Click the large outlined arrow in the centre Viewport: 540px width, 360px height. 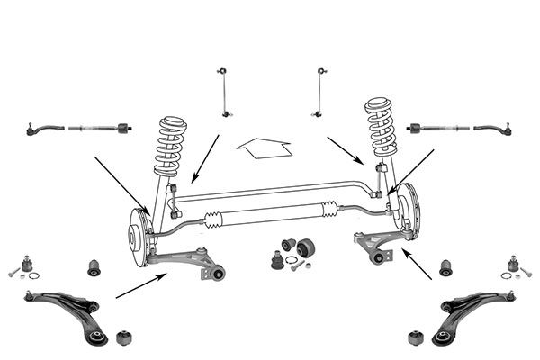[263, 146]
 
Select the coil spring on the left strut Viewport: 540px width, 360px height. [170, 144]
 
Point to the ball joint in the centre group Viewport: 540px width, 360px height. [278, 260]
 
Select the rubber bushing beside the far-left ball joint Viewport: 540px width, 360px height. [94, 267]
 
